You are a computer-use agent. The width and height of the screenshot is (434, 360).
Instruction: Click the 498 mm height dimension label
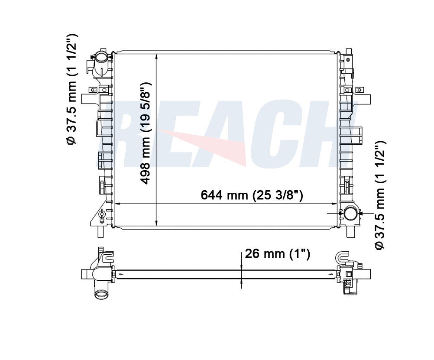[146, 133]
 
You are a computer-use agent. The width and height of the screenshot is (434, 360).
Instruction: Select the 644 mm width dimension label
[252, 195]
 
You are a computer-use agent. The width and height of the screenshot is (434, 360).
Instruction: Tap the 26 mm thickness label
[277, 254]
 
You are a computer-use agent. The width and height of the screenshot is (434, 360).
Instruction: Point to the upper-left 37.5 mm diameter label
[71, 89]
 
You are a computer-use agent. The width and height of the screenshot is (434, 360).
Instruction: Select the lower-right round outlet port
[350, 213]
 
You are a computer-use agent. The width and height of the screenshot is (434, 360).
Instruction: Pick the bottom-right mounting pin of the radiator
[350, 232]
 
